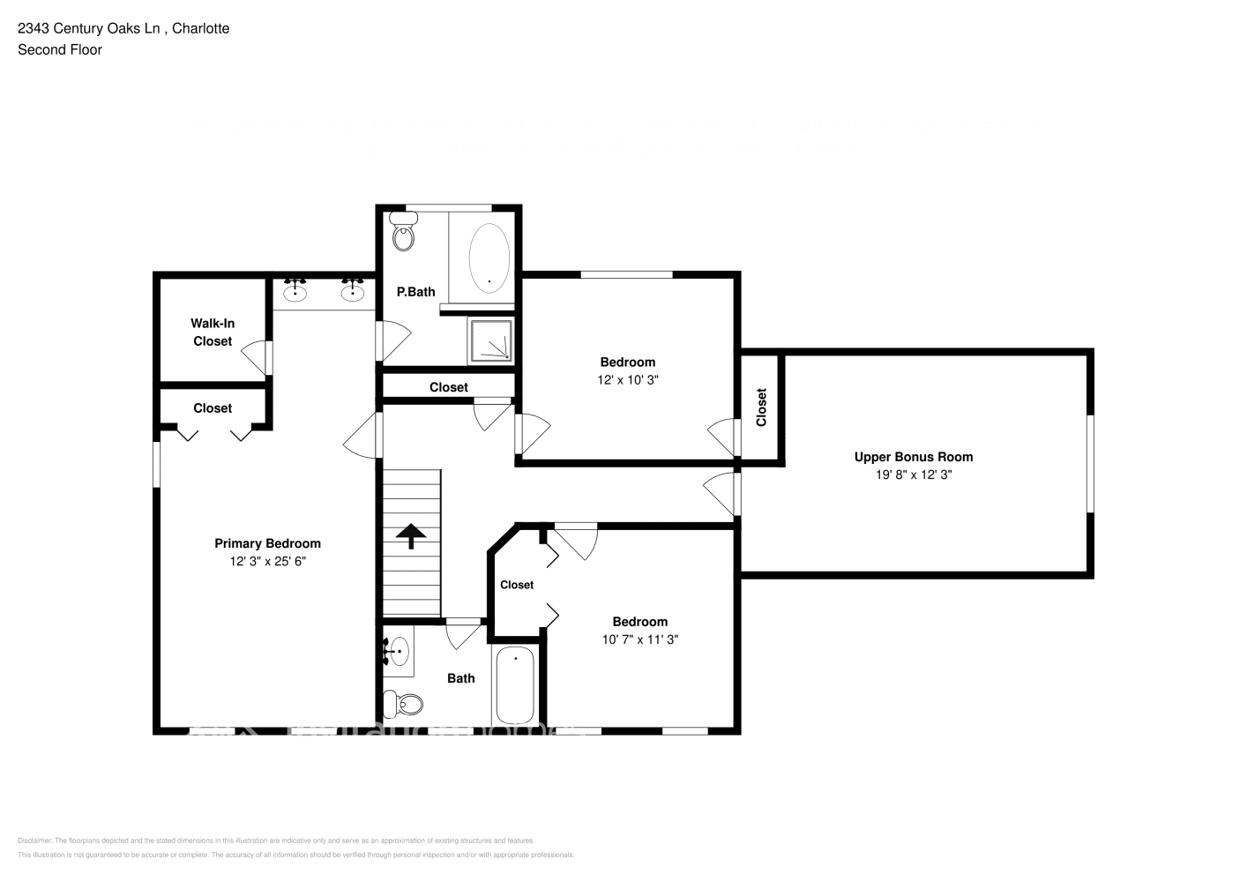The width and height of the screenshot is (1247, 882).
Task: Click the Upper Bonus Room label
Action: coord(913,457)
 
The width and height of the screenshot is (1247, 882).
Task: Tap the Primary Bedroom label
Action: coord(267,543)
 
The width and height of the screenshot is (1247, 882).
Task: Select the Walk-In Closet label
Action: coord(213,333)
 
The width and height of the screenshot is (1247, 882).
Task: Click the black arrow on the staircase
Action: coord(411,535)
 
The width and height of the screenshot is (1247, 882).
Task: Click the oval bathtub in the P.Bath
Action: coord(489,257)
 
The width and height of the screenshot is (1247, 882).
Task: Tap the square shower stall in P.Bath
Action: coord(490,340)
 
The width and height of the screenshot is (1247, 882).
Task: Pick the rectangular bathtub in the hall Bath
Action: coord(515,685)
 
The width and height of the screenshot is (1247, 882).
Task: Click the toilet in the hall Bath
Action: coord(404,705)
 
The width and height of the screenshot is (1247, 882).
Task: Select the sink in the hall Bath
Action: coord(398,653)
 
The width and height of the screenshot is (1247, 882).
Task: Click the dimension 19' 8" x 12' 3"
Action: coord(913,475)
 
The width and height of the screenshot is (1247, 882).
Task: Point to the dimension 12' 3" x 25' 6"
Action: coord(267,561)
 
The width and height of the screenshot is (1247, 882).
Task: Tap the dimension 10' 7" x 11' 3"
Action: coord(639,639)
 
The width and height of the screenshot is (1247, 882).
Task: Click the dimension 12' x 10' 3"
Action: coord(628,380)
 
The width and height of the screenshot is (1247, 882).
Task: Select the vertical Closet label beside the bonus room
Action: coord(761,407)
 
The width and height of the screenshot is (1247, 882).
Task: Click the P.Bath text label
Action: coord(415,292)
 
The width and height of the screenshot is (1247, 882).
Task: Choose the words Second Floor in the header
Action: coord(60,49)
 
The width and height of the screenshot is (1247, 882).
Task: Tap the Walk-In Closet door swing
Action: coord(256,356)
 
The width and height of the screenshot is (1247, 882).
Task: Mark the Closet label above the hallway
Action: coord(449,387)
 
